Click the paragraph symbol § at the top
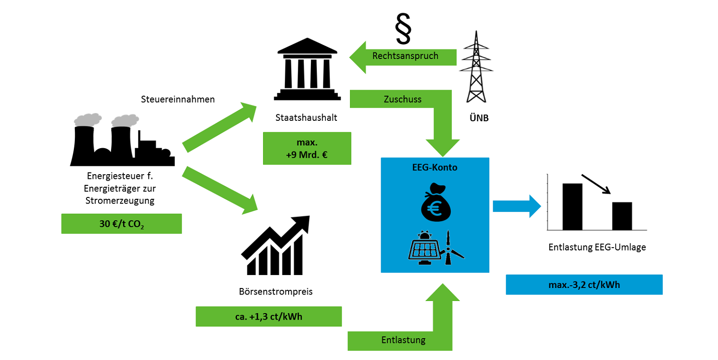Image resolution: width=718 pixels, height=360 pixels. pos(402,28)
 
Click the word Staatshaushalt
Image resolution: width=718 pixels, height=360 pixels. pos(306,118)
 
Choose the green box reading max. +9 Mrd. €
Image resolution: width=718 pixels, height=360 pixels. pos(306,148)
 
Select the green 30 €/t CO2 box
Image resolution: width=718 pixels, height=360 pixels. pos(121,223)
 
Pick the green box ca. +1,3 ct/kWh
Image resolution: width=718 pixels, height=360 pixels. pos(269,316)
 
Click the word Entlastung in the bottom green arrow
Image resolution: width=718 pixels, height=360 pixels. pos(403,340)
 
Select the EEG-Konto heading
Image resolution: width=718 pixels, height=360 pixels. pos(435,168)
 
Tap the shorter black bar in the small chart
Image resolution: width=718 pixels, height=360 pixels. pos(622,216)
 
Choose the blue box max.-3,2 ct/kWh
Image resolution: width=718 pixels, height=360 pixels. pos(584,284)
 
